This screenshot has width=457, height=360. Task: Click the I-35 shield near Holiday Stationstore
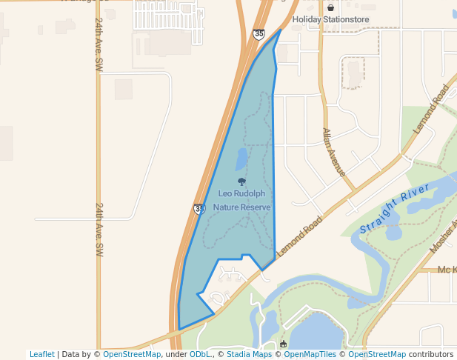pyautogui.click(x=258, y=34)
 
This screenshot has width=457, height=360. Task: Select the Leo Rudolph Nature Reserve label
pyautogui.click(x=241, y=200)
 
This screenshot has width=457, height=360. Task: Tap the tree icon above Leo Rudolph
pyautogui.click(x=241, y=181)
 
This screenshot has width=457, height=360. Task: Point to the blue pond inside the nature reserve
pyautogui.click(x=241, y=159)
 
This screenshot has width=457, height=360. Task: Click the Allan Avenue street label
pyautogui.click(x=333, y=152)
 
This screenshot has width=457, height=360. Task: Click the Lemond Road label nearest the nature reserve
pyautogui.click(x=300, y=236)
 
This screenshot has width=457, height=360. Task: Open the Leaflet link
pyautogui.click(x=41, y=354)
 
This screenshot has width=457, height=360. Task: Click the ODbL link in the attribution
pyautogui.click(x=199, y=354)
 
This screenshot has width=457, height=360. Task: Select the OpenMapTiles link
pyautogui.click(x=310, y=354)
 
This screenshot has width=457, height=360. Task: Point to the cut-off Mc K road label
pyautogui.click(x=447, y=270)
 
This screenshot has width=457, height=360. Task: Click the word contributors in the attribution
pyautogui.click(x=430, y=354)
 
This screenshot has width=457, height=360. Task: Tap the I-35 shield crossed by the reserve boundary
pyautogui.click(x=199, y=210)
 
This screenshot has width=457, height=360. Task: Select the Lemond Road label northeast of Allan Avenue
pyautogui.click(x=433, y=109)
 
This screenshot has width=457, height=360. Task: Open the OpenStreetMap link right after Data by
pyautogui.click(x=132, y=354)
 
